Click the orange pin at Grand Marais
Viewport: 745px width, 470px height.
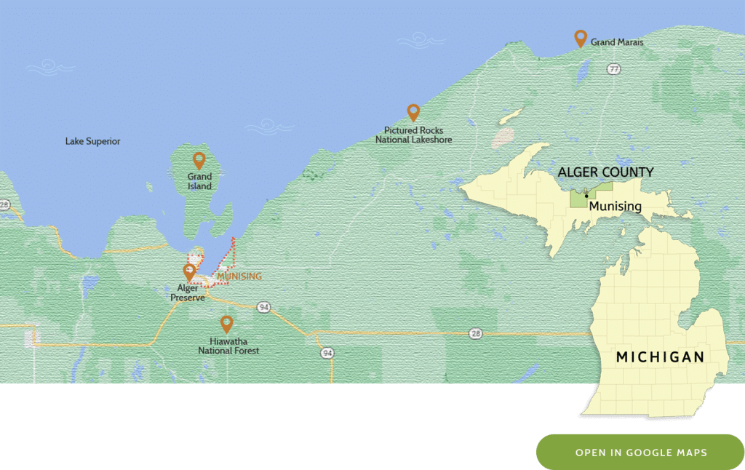pos(581,38)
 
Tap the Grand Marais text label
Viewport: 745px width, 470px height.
pos(617,43)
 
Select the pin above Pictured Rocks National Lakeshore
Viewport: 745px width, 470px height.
pos(413,112)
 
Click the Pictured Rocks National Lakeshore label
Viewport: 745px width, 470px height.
pos(413,135)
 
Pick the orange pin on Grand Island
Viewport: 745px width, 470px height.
pos(199,160)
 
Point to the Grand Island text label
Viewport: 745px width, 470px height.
pos(199,181)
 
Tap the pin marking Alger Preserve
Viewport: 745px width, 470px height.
pos(189,272)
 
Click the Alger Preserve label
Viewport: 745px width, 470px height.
pos(188,292)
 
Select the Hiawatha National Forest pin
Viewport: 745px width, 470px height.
pos(227,324)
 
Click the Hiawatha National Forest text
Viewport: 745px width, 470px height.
pos(228,346)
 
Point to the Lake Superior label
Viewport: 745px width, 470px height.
pos(92,141)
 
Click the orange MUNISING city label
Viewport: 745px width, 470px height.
pos(239,276)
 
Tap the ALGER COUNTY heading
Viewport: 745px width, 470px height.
pos(605,172)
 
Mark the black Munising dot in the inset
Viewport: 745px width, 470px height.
pos(586,196)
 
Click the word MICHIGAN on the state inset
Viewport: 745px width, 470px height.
pos(660,357)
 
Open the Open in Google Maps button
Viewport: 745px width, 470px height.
pos(640,453)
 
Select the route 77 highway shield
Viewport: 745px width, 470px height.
pos(614,69)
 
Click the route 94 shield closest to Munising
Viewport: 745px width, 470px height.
pos(263,308)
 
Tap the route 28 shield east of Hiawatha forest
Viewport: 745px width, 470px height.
pos(475,333)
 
